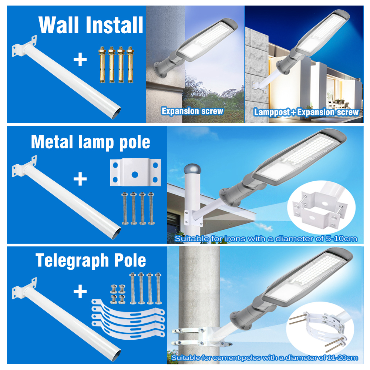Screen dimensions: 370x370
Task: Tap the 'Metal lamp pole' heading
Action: click(x=91, y=142)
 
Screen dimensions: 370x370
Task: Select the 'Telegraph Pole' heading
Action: click(x=91, y=260)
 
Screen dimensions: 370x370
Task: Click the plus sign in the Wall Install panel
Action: click(x=80, y=60)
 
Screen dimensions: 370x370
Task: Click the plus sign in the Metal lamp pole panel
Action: click(x=80, y=179)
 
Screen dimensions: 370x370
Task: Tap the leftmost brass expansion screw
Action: click(x=101, y=64)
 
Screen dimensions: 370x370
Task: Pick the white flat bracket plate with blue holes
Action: click(x=135, y=173)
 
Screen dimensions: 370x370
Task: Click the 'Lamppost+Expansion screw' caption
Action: click(x=306, y=112)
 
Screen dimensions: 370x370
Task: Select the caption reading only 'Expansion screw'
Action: click(x=192, y=111)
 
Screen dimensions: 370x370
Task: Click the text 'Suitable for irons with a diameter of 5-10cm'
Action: click(x=266, y=239)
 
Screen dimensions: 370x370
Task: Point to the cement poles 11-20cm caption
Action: click(x=264, y=357)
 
